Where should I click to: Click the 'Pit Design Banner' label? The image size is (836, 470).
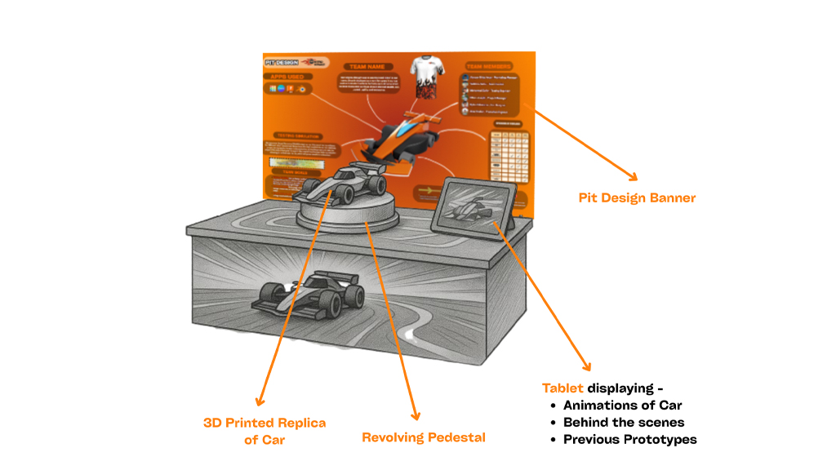pyautogui.click(x=637, y=197)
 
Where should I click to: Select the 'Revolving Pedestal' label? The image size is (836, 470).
pyautogui.click(x=423, y=437)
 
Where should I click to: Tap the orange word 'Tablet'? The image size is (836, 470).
pyautogui.click(x=563, y=388)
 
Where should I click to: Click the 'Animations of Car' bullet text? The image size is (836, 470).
pyautogui.click(x=622, y=405)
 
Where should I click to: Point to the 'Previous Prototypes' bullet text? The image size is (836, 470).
pyautogui.click(x=629, y=439)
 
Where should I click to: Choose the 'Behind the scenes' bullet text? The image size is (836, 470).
pyautogui.click(x=623, y=422)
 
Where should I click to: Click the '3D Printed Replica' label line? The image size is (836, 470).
pyautogui.click(x=264, y=423)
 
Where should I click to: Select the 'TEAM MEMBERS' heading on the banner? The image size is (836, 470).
pyautogui.click(x=487, y=65)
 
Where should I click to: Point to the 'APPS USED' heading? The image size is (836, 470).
pyautogui.click(x=282, y=77)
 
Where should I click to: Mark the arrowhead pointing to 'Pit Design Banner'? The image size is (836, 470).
pyautogui.click(x=631, y=175)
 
